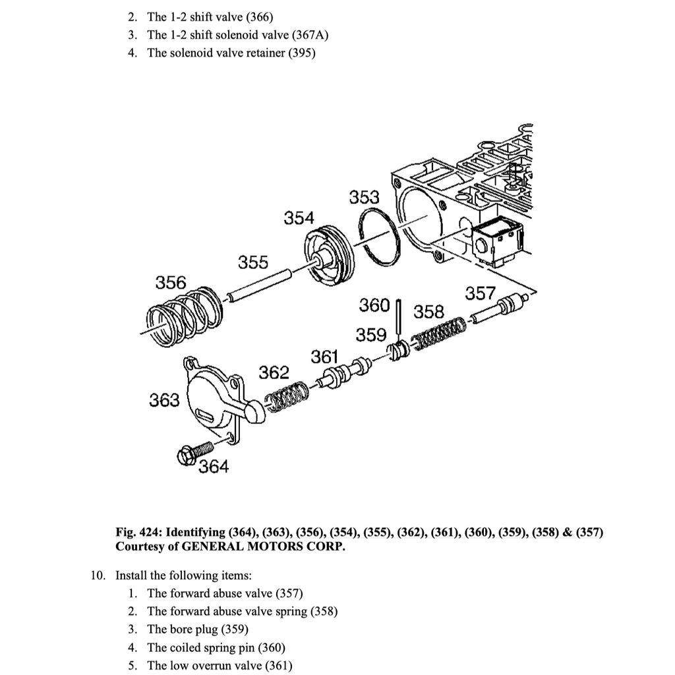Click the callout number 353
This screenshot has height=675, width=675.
coord(364,197)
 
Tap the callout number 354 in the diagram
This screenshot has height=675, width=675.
coord(299,218)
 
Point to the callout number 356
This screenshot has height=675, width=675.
coord(170,283)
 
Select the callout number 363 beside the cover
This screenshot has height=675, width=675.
coord(164,400)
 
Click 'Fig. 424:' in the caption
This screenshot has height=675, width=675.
coord(140,533)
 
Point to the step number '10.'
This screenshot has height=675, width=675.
coord(99,575)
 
